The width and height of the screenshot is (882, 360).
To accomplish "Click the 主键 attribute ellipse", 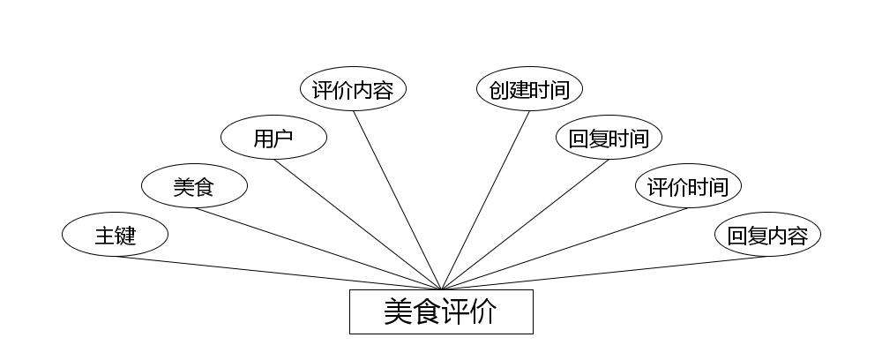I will (x=115, y=236).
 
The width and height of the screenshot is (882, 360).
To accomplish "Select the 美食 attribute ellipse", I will (x=194, y=186).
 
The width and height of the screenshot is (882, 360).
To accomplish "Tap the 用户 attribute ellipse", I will (x=273, y=138).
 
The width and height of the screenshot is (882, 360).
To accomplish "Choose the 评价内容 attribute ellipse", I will (x=353, y=89).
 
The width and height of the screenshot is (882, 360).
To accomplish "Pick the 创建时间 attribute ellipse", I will (x=529, y=89).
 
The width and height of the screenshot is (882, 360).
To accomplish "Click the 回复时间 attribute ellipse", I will (x=609, y=138).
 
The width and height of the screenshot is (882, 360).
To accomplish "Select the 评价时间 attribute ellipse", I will (x=688, y=186).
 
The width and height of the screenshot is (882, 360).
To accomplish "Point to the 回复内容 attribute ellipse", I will (x=767, y=236).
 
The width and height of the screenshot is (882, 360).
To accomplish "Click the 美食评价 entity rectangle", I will (x=441, y=312).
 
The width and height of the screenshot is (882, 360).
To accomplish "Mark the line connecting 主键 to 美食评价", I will (x=278, y=273).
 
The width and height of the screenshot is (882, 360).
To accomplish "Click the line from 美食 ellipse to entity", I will (x=318, y=249).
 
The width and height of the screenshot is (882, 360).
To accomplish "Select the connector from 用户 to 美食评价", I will (x=357, y=224).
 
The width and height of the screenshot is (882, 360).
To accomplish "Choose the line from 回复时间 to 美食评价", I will (x=525, y=224).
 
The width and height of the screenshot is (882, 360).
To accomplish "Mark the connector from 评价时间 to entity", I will (x=564, y=249).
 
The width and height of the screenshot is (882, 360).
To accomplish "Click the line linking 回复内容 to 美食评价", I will (x=604, y=273).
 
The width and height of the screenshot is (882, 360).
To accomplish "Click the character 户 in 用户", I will (x=283, y=138).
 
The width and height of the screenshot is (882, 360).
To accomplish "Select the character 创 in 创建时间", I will (x=499, y=89).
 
